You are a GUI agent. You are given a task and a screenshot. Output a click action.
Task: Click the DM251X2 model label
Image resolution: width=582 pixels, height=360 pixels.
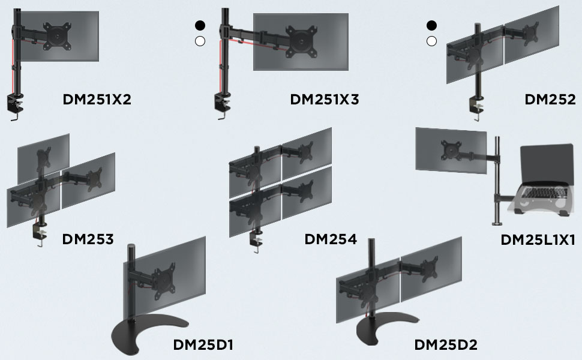(97, 100)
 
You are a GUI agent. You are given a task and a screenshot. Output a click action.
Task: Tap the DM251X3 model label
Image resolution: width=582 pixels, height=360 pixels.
(324, 100)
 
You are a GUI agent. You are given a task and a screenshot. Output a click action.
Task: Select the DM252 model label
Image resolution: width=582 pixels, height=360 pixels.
(550, 100)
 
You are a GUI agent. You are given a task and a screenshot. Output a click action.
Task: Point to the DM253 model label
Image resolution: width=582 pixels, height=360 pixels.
(88, 239)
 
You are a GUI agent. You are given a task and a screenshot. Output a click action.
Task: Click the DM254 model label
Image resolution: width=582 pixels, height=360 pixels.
(331, 239)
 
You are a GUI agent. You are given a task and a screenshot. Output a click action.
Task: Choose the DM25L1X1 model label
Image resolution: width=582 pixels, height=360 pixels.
(538, 240)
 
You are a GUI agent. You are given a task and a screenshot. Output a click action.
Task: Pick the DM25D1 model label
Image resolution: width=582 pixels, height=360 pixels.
(203, 345)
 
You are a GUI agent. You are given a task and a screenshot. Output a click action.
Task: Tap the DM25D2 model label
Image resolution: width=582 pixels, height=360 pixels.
(446, 345)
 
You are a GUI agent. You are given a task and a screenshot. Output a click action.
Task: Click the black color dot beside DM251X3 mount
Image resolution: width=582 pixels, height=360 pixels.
(200, 25)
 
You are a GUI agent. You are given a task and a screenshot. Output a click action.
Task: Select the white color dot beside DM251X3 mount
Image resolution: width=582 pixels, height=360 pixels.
(200, 41)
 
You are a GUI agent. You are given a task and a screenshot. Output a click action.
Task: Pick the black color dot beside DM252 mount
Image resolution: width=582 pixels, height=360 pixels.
(431, 25)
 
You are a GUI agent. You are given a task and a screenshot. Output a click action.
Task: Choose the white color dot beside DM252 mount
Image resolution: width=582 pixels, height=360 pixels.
(431, 41)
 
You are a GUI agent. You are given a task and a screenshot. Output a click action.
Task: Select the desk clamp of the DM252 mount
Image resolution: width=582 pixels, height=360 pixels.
(479, 106)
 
